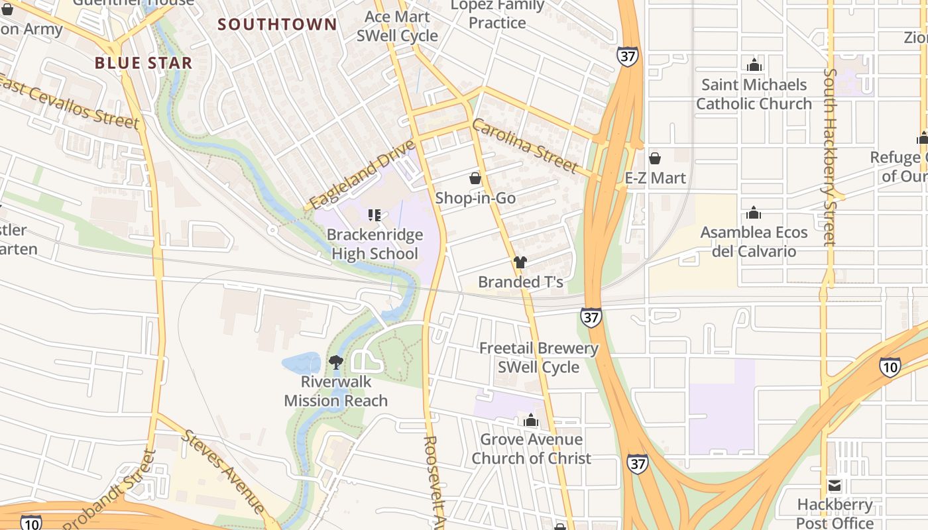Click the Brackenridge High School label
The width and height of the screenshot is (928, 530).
375,244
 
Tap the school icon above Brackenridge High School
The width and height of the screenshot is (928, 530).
375,215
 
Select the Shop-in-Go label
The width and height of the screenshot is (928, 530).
475,198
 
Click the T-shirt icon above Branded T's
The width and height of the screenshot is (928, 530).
520,262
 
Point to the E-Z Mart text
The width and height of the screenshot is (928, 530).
655,178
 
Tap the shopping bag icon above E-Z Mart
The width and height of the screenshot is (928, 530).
655,158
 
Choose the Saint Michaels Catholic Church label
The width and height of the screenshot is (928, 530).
754,94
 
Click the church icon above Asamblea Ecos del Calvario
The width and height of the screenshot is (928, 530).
754,213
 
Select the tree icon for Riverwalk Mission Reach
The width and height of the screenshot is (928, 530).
336,362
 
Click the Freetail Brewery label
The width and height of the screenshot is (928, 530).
538,348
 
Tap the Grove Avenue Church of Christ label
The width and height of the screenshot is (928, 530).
531,449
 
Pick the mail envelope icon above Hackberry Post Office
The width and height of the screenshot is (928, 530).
835,486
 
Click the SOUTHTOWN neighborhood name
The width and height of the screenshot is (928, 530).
278,25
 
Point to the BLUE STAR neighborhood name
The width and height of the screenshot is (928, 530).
143,64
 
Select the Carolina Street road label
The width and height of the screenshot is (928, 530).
524,146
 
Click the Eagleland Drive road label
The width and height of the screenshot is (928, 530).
362,174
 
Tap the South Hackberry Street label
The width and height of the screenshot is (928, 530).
829,157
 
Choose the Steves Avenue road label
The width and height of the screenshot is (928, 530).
223,471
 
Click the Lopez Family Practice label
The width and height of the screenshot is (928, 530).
497,14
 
